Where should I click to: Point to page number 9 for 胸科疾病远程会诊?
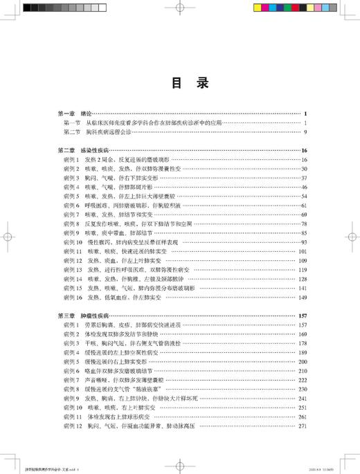coord(305,131)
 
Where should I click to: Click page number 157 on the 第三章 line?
coord(302,315)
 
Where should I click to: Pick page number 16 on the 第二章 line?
coord(304,150)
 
